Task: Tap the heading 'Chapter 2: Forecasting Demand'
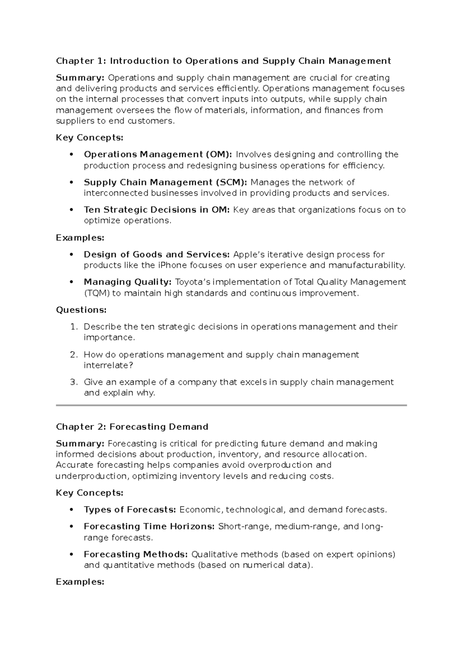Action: (x=132, y=427)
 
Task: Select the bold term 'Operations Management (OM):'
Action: (x=158, y=155)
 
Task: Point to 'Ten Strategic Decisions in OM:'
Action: (x=157, y=210)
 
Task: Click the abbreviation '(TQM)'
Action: (x=97, y=293)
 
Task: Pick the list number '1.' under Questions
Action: (x=74, y=327)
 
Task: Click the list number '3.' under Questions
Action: (x=74, y=382)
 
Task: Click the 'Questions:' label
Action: (x=81, y=310)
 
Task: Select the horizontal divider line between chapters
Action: (x=231, y=405)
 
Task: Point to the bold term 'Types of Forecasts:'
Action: (x=130, y=510)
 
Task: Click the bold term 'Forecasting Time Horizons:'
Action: (x=149, y=527)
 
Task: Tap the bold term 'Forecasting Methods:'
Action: (x=136, y=555)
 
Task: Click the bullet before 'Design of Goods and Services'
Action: (x=71, y=255)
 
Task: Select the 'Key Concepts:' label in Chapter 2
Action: (x=90, y=493)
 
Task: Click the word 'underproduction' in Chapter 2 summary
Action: (x=91, y=476)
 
